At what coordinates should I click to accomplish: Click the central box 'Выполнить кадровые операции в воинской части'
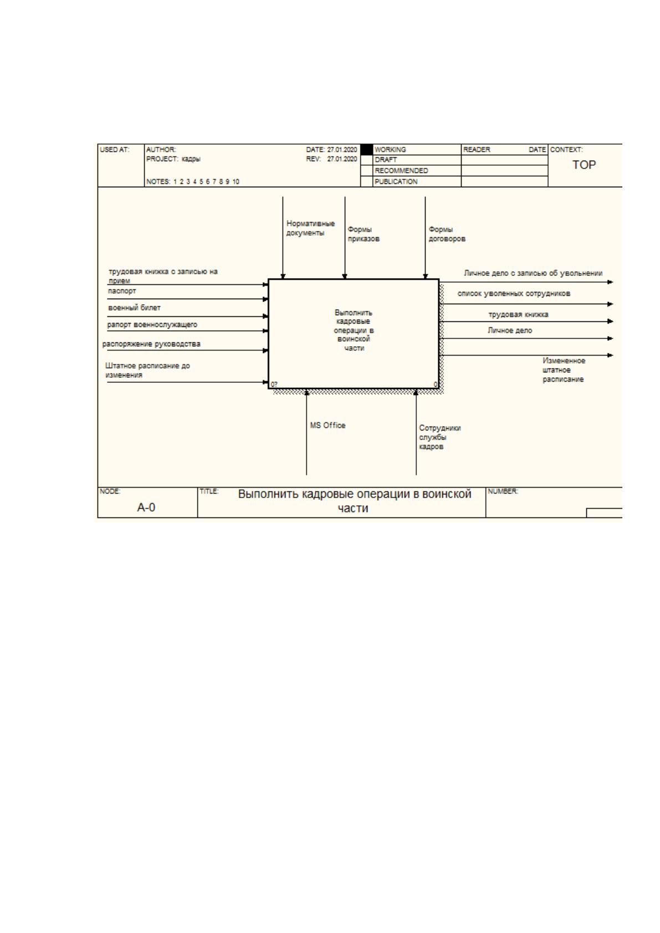(x=354, y=334)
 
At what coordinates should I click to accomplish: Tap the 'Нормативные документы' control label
(x=310, y=228)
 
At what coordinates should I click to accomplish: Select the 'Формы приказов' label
(x=364, y=234)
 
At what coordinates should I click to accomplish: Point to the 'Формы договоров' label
(x=447, y=234)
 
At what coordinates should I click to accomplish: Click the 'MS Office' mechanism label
(x=328, y=426)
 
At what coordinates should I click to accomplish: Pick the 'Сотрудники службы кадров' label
(x=439, y=437)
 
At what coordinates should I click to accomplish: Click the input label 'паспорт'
(x=122, y=291)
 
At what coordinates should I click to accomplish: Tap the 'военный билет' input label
(x=134, y=308)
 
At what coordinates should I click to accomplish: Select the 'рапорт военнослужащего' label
(x=152, y=325)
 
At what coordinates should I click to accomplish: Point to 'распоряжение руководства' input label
(x=151, y=344)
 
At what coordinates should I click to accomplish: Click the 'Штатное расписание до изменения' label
(x=147, y=370)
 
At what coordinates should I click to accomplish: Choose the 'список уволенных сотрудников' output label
(x=514, y=294)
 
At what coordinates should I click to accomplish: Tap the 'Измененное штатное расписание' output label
(x=564, y=370)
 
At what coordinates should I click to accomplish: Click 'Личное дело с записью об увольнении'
(x=533, y=273)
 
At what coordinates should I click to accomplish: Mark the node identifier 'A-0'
(x=146, y=507)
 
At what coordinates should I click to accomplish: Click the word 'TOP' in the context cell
(x=584, y=165)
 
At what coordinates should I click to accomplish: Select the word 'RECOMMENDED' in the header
(x=401, y=171)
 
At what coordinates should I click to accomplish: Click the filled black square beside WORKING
(x=366, y=150)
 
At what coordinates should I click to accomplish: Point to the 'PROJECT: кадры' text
(x=173, y=159)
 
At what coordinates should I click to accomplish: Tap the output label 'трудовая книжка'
(x=518, y=315)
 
